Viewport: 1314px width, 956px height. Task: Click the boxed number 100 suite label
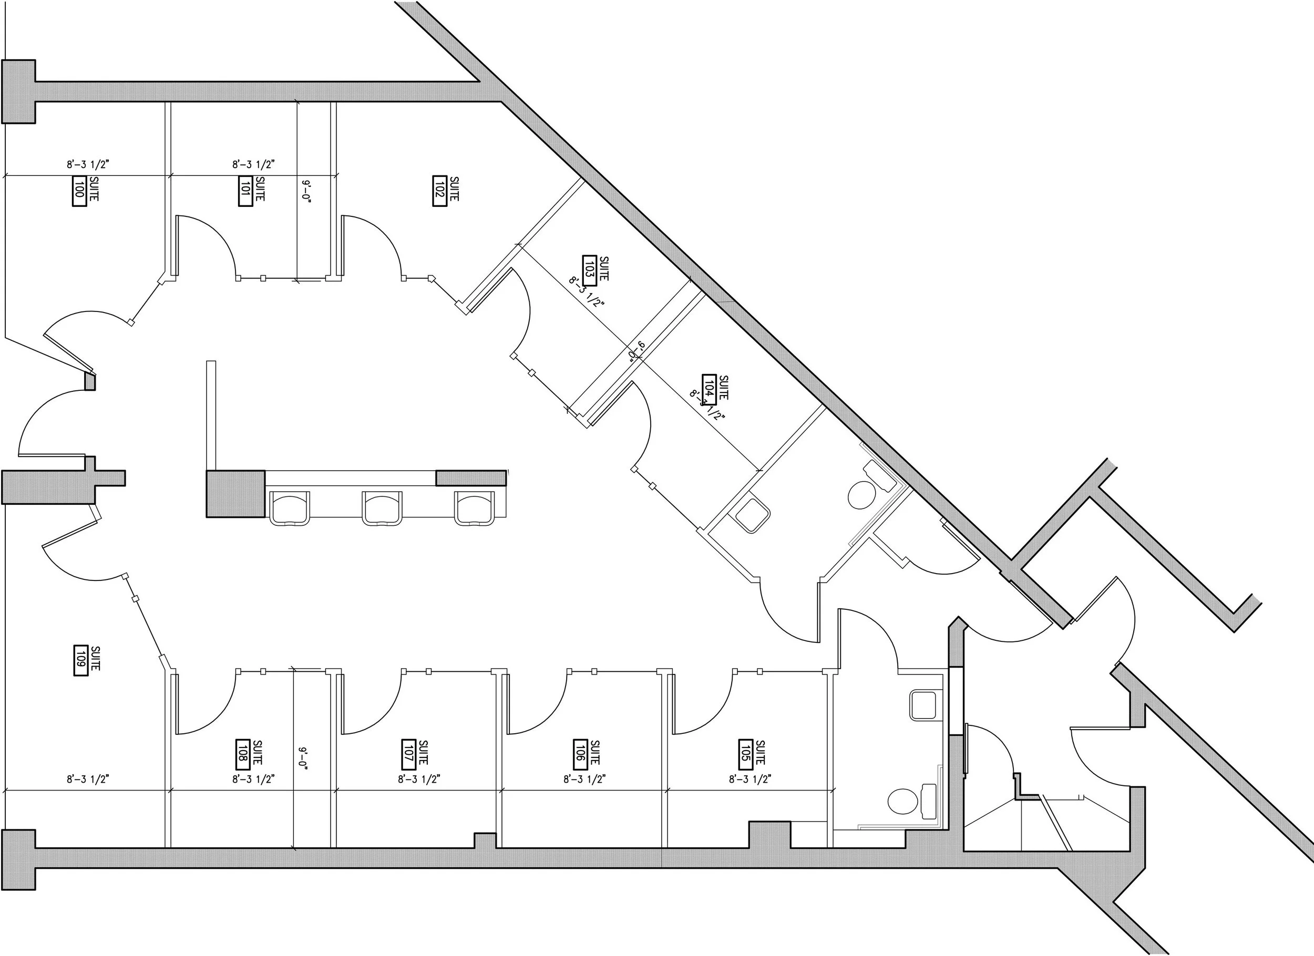tap(79, 191)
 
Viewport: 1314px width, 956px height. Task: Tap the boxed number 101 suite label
tap(245, 191)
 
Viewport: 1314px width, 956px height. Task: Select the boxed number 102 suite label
tap(439, 191)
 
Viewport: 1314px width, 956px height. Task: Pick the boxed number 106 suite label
tap(579, 753)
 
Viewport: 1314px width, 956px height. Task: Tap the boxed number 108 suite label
tap(243, 753)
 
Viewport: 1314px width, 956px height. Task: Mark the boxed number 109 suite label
tap(80, 660)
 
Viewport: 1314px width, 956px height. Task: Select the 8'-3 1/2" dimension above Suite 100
tap(88, 165)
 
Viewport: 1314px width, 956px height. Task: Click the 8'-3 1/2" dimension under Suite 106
tap(584, 780)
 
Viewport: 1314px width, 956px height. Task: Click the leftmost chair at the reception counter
tap(290, 507)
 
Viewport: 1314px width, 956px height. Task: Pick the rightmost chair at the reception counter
tap(475, 507)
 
